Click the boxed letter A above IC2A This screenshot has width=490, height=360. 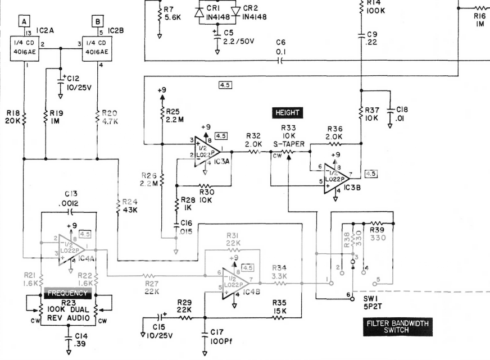[24, 21]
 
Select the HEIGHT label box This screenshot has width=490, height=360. [287, 112]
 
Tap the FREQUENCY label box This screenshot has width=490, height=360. [68, 293]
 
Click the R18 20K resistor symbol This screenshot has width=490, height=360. [24, 119]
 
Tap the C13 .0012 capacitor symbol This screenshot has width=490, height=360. [70, 212]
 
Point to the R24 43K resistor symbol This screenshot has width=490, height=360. [119, 206]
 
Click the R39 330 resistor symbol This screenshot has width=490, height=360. [377, 224]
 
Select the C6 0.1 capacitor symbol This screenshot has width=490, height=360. [280, 60]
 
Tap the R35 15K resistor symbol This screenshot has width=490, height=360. [279, 317]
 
